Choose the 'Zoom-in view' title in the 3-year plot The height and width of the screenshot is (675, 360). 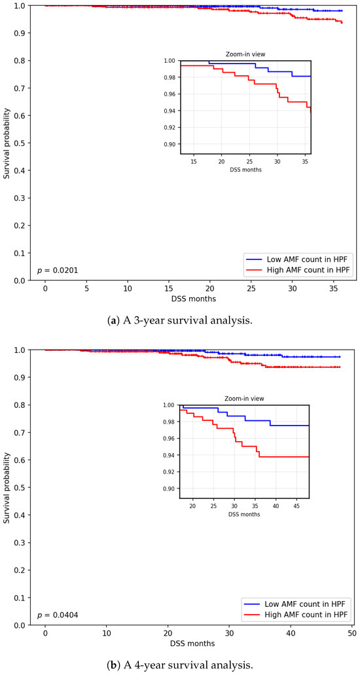pyautogui.click(x=245, y=55)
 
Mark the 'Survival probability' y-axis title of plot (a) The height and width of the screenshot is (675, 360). pyautogui.click(x=7, y=143)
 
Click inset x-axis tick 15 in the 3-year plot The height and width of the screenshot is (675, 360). pyautogui.click(x=194, y=161)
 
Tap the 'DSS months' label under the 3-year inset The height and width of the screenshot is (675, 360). pyautogui.click(x=246, y=169)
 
